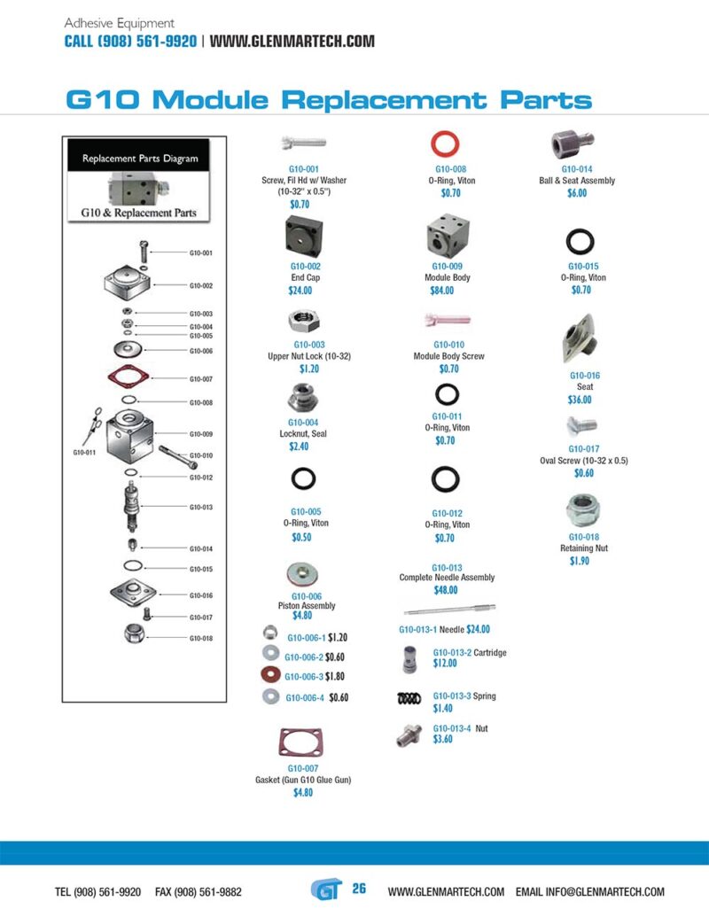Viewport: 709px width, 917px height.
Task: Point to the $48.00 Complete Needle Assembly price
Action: (446, 590)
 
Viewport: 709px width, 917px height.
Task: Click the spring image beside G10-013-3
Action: (409, 699)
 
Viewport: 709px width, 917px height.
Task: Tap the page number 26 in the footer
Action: (359, 889)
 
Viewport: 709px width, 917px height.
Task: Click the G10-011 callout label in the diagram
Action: (85, 453)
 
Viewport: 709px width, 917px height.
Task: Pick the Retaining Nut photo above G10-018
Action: (584, 510)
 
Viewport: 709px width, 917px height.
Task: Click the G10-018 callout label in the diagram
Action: (201, 638)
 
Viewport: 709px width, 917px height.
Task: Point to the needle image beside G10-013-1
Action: (448, 609)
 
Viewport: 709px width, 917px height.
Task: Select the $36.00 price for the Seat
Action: (580, 400)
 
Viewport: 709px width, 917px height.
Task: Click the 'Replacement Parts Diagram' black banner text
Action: (140, 159)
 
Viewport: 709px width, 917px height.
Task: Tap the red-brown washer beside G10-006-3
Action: (270, 676)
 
